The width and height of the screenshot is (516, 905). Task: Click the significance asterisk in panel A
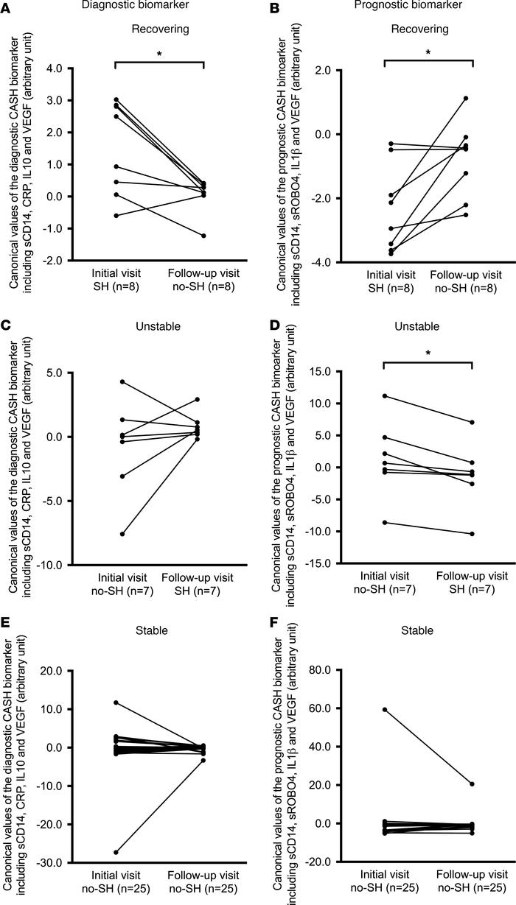tap(159, 55)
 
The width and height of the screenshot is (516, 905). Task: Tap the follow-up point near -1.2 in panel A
tap(203, 236)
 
